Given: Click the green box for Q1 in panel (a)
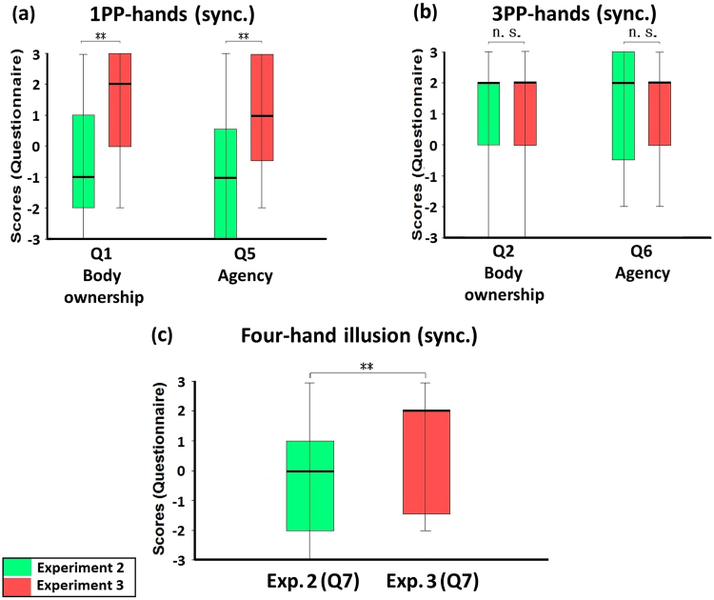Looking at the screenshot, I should click(x=84, y=161).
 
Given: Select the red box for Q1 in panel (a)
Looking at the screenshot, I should click(x=119, y=100).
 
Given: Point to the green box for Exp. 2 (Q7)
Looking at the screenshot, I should click(x=310, y=486).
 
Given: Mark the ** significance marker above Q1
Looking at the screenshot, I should click(x=101, y=37).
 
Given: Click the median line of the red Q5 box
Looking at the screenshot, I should click(x=262, y=115).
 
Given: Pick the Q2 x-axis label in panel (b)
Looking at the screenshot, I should click(x=506, y=252).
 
